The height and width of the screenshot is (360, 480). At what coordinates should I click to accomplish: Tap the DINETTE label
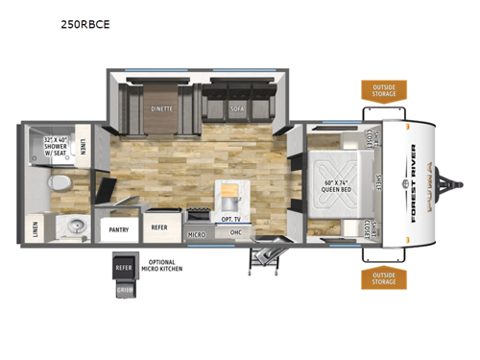pyautogui.click(x=161, y=108)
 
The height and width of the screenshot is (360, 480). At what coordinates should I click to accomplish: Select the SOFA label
pyautogui.click(x=237, y=108)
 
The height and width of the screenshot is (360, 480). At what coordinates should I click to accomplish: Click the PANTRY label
pyautogui.click(x=119, y=229)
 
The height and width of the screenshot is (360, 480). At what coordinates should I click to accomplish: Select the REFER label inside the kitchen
pyautogui.click(x=158, y=228)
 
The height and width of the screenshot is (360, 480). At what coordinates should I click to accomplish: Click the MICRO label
pyautogui.click(x=197, y=233)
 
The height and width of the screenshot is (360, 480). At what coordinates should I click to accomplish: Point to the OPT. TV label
pyautogui.click(x=229, y=220)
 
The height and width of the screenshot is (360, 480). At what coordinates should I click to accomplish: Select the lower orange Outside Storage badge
pyautogui.click(x=382, y=277)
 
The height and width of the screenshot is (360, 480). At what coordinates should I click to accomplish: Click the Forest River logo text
pyautogui.click(x=415, y=182)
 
